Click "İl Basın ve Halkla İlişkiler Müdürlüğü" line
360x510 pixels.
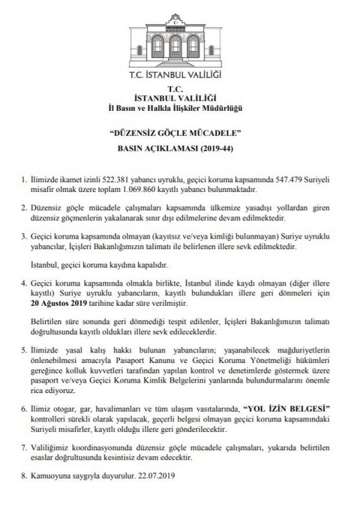180,109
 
